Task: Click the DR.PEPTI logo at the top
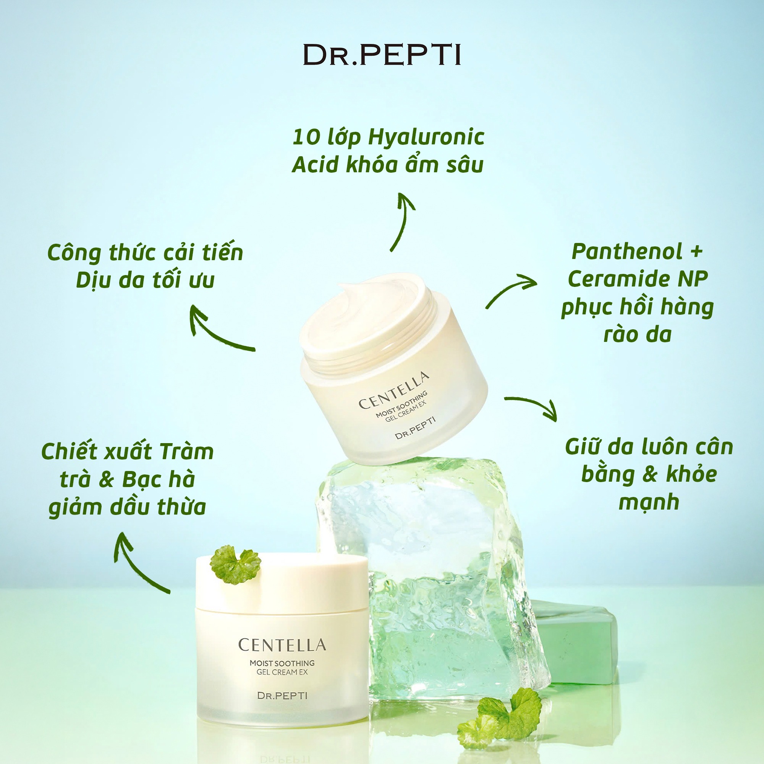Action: pos(382,55)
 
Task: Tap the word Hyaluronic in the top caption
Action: pos(426,137)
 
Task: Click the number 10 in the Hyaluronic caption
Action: pos(306,137)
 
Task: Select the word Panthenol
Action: pos(627,251)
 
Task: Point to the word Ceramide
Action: pos(619,279)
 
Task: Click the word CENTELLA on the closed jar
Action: pos(282,645)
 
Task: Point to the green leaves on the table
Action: pos(500,717)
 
